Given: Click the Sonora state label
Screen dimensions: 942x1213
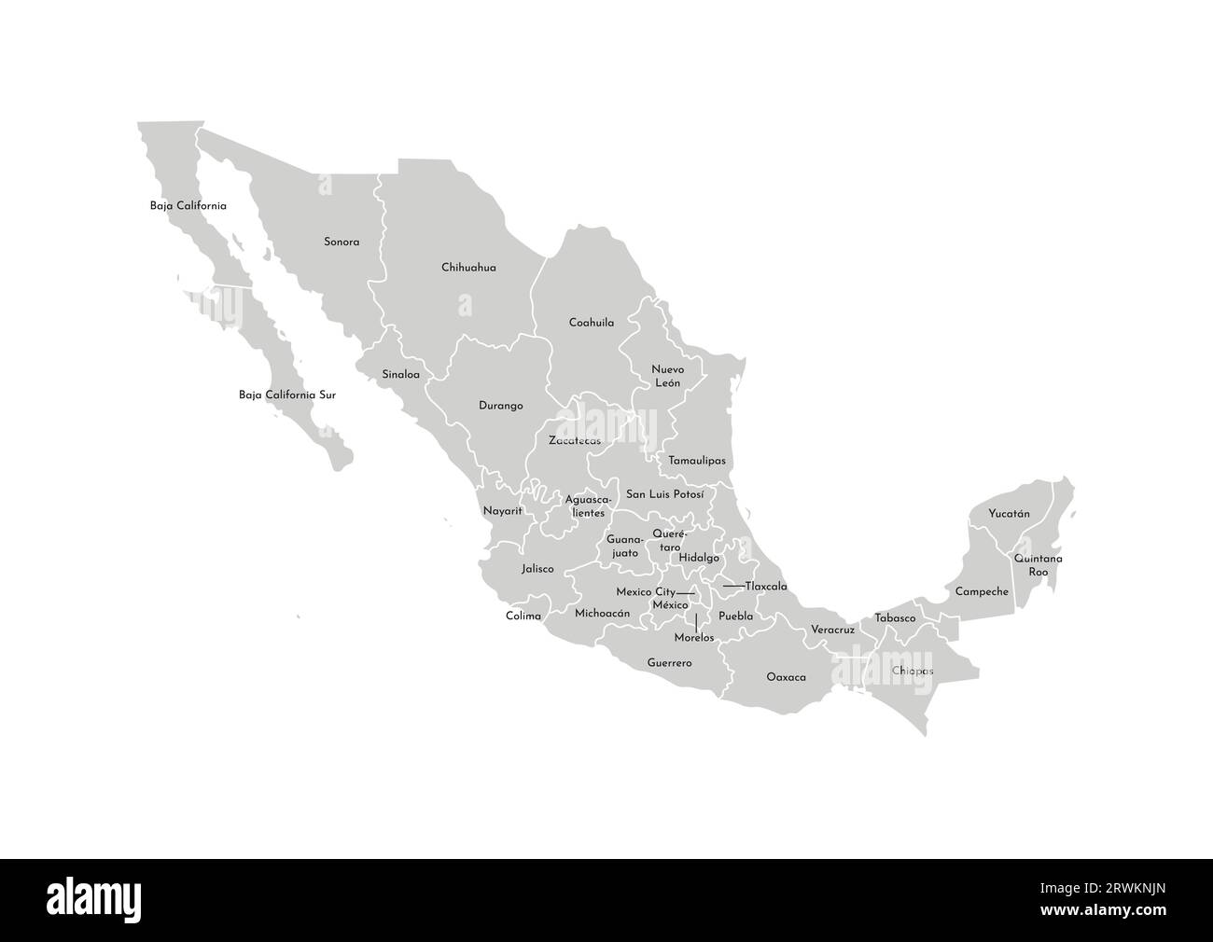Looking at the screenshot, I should (x=342, y=242).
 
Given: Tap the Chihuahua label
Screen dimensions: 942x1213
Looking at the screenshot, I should (x=468, y=268).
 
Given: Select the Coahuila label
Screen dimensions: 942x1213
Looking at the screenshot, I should (x=592, y=323).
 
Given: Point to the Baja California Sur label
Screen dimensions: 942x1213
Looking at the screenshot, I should (x=287, y=395).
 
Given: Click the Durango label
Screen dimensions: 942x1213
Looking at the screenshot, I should (x=500, y=406).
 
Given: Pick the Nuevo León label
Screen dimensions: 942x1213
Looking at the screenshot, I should (x=667, y=377).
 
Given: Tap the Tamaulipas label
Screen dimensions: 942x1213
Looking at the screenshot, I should (x=697, y=461).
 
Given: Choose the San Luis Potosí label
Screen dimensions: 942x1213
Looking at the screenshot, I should (x=664, y=493).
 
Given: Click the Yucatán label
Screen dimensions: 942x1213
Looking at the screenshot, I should (x=1009, y=514).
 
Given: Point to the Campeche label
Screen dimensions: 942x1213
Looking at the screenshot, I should (x=982, y=591).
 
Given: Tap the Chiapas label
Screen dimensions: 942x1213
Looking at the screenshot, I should (x=913, y=671).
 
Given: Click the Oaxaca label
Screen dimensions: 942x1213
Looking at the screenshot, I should (x=786, y=677).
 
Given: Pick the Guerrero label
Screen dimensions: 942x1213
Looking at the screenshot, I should (x=669, y=663).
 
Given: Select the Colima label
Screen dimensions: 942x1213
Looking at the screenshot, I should (x=523, y=616).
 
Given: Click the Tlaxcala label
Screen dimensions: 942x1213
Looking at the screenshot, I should (x=766, y=587).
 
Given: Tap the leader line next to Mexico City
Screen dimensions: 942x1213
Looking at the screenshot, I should (x=686, y=593).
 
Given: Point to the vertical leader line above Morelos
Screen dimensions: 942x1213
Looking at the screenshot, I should (x=696, y=622).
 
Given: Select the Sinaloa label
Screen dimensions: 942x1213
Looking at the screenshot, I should (x=400, y=375).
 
